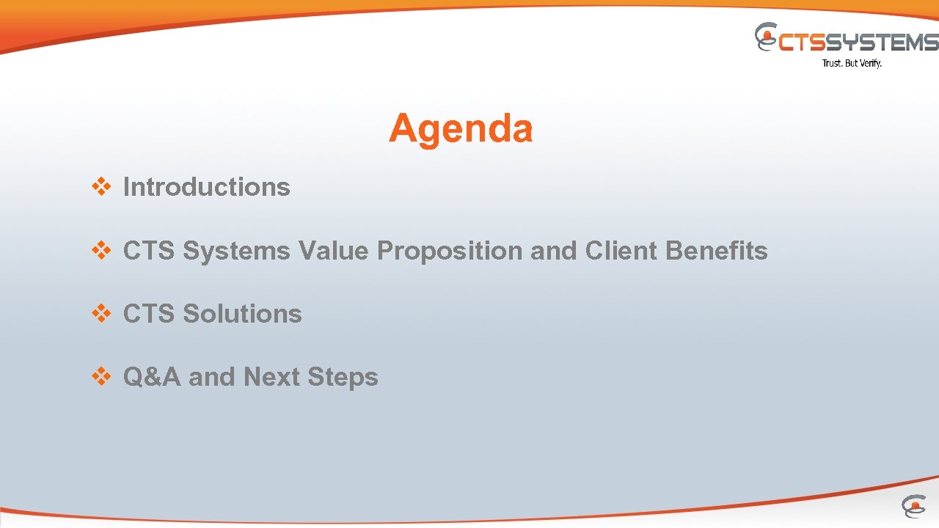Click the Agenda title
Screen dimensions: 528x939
tap(461, 129)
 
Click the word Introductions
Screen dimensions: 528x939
tap(206, 187)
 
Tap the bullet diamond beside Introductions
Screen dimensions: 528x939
tap(101, 187)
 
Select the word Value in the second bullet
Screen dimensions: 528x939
tap(334, 251)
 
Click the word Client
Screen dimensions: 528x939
tap(621, 251)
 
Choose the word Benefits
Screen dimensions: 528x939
tap(716, 251)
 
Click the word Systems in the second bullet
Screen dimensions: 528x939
tap(236, 252)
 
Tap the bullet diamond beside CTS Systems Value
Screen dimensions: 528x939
tap(101, 251)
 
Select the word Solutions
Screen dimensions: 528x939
tap(242, 314)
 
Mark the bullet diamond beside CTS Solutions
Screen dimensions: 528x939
tap(101, 314)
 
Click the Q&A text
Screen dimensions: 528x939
tap(152, 377)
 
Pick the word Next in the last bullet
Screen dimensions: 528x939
tap(271, 377)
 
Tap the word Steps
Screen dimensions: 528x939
tap(343, 378)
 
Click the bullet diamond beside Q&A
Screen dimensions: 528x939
tap(101, 377)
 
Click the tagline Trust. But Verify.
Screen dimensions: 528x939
tap(851, 63)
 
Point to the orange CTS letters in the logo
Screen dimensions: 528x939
tap(802, 43)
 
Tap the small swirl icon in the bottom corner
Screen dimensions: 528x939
tap(913, 506)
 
